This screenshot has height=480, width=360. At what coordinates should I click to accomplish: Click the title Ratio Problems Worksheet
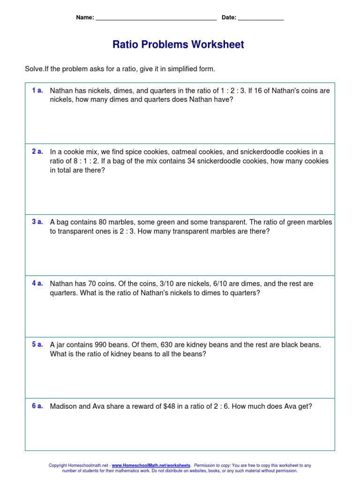178,45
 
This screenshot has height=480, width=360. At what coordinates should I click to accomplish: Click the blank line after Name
156,19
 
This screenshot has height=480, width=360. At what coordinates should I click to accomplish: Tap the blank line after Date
261,19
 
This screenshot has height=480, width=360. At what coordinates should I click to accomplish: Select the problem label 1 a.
37,90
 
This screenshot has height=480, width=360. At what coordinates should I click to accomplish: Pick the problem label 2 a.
37,151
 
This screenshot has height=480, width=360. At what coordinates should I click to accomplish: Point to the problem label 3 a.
37,222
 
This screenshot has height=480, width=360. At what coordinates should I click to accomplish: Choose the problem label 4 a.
37,283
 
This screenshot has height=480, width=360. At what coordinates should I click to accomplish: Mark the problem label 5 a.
37,345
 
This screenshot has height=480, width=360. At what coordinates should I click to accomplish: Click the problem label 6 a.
37,406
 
